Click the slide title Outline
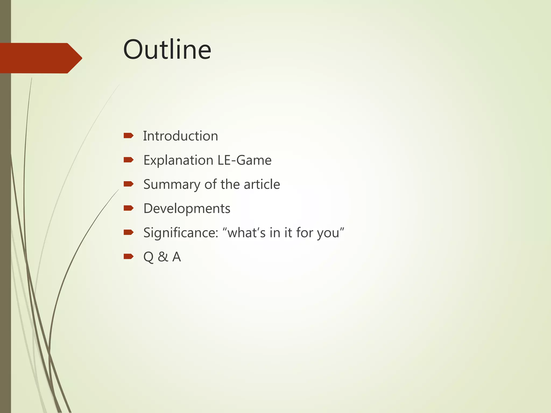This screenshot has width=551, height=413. (x=167, y=50)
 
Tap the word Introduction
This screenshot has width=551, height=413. (x=180, y=136)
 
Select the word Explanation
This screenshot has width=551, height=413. (x=178, y=161)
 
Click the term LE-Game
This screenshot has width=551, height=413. (x=244, y=160)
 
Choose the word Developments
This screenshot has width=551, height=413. (x=187, y=209)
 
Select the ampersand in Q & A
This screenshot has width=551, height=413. (x=163, y=257)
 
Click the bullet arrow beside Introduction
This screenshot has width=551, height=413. (x=129, y=136)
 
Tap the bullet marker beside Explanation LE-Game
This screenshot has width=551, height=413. (x=129, y=160)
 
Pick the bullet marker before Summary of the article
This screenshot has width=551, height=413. (x=129, y=184)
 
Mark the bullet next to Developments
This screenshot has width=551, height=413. (x=129, y=208)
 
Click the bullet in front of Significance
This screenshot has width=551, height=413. (x=129, y=232)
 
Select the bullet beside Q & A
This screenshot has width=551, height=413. (x=129, y=257)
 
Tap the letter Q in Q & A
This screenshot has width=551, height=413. (x=149, y=257)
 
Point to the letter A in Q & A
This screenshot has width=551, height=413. (x=176, y=257)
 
